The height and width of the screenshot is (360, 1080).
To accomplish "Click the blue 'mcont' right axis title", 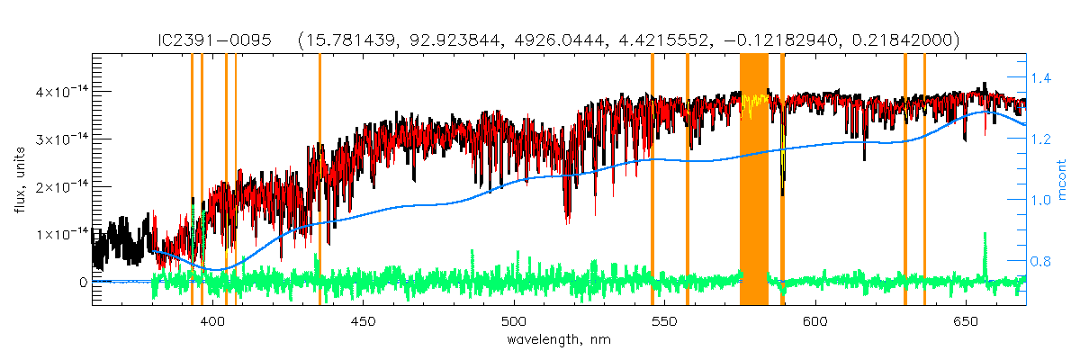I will pyautogui.click(x=1062, y=180).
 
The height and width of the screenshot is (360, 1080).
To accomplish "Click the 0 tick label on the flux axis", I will pyautogui.click(x=82, y=282).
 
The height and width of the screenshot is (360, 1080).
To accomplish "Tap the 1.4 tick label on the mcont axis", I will pyautogui.click(x=1041, y=79).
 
